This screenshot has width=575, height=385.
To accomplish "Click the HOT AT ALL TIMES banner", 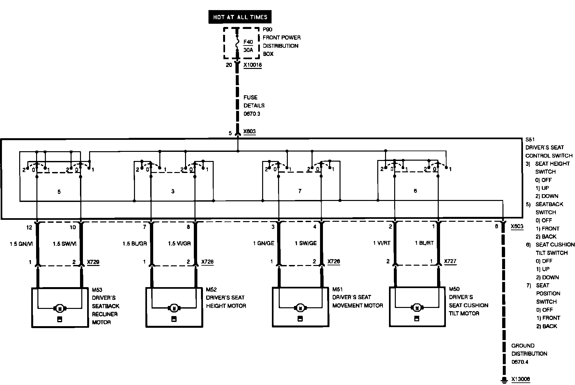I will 240,17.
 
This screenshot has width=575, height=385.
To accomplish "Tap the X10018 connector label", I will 253,65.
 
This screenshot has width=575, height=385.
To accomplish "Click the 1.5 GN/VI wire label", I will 21,244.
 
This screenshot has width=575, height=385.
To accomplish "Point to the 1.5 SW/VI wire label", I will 65,244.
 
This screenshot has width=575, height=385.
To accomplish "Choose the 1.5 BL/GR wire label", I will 135,244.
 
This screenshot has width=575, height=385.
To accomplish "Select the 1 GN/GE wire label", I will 263,243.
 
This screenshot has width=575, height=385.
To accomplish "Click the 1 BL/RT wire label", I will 424,243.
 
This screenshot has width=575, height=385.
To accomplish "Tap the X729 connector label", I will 93,262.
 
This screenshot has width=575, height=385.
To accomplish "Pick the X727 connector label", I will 450,261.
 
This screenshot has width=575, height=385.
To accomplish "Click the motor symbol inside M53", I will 60,308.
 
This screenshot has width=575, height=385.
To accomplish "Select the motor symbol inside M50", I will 417,307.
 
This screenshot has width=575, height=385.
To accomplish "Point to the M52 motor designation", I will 211,289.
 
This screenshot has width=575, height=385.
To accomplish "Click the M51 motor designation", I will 338,289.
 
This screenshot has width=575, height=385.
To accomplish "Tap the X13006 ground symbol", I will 504,379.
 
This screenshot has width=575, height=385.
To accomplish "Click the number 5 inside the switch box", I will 59,192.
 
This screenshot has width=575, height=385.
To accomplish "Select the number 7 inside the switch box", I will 300,191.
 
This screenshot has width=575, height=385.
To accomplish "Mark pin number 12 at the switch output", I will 29,227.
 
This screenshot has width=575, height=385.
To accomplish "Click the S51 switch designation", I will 530,139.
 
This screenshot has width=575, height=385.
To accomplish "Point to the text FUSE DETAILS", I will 254,101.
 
